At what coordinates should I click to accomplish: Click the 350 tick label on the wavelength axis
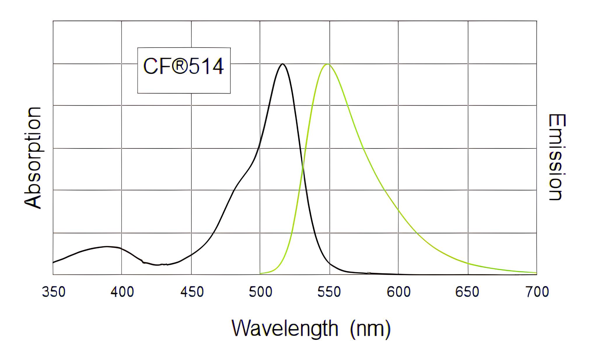[54, 292]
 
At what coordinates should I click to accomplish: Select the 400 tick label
[122, 292]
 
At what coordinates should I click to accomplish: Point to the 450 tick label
[192, 292]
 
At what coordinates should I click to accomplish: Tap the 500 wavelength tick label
[260, 292]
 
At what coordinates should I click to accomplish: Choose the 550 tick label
[329, 292]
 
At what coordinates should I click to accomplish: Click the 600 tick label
[398, 292]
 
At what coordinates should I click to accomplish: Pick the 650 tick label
[467, 292]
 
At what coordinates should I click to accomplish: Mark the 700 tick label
[537, 292]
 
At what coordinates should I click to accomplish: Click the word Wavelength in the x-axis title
[285, 328]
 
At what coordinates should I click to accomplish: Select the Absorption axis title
[33, 158]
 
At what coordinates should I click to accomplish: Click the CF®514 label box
[184, 70]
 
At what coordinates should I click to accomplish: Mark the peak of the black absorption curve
[282, 64]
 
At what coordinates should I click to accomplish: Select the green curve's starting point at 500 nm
[260, 274]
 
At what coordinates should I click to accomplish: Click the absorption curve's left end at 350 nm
[53, 263]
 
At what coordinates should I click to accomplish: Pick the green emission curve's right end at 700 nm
[536, 273]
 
